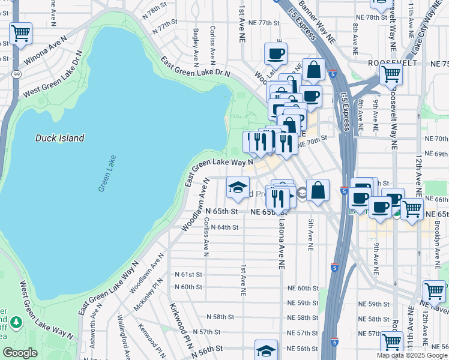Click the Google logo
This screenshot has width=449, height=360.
point(20,353)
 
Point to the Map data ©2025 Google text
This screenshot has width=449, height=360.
point(412,355)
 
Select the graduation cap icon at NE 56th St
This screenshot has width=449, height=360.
point(267,350)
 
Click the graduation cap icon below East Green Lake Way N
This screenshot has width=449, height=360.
point(238,187)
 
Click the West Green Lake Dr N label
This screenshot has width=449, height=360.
point(52,75)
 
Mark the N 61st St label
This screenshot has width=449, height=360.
point(188,274)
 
